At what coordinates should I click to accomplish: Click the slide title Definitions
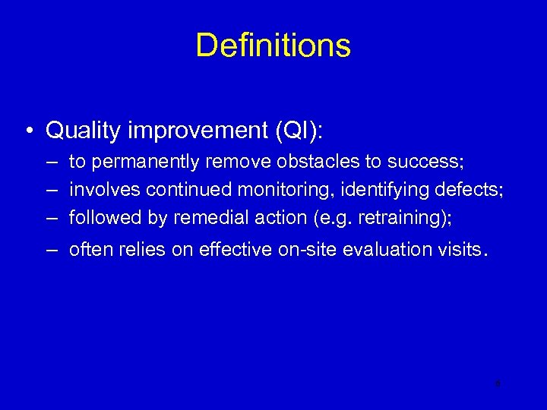tap(273, 46)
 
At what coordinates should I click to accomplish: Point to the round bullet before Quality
tap(27, 131)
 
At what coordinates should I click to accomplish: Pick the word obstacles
tap(311, 162)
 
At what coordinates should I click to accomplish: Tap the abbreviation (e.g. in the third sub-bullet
tap(332, 218)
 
